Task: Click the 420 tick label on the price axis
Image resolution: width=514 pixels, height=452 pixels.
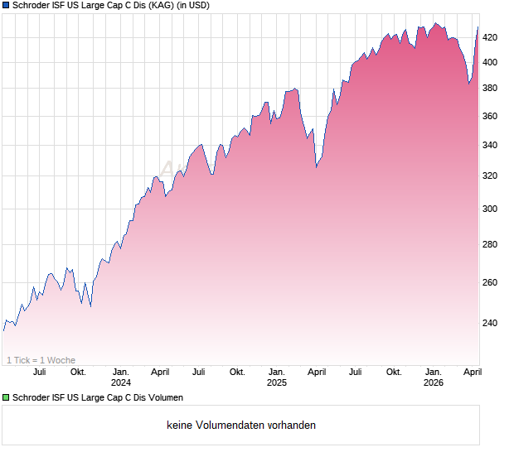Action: (491, 37)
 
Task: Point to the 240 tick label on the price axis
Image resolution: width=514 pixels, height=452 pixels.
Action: (491, 323)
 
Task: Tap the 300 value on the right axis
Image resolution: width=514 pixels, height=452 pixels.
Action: (491, 209)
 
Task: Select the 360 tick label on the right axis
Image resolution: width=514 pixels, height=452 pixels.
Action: (491, 117)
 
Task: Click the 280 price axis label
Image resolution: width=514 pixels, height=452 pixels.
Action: (491, 245)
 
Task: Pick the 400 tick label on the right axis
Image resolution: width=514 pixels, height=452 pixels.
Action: (491, 62)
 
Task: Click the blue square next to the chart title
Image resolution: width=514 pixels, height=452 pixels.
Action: (6, 6)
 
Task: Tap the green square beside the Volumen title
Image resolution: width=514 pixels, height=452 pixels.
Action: (6, 398)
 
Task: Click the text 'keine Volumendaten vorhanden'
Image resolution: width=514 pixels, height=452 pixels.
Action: (240, 426)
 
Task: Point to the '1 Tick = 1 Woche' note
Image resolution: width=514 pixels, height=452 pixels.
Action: (41, 360)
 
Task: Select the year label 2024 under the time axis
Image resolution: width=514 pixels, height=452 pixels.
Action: (121, 382)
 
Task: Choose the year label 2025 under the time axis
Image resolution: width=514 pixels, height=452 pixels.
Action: (277, 382)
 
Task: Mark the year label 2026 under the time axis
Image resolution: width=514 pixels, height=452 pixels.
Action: (433, 382)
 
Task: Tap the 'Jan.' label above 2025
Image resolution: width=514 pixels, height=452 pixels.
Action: (277, 372)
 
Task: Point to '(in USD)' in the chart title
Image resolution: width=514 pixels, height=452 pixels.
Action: (193, 6)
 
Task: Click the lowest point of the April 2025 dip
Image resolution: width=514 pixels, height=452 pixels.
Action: (316, 166)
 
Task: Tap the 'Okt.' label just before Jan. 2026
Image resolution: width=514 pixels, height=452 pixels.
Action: (394, 372)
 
